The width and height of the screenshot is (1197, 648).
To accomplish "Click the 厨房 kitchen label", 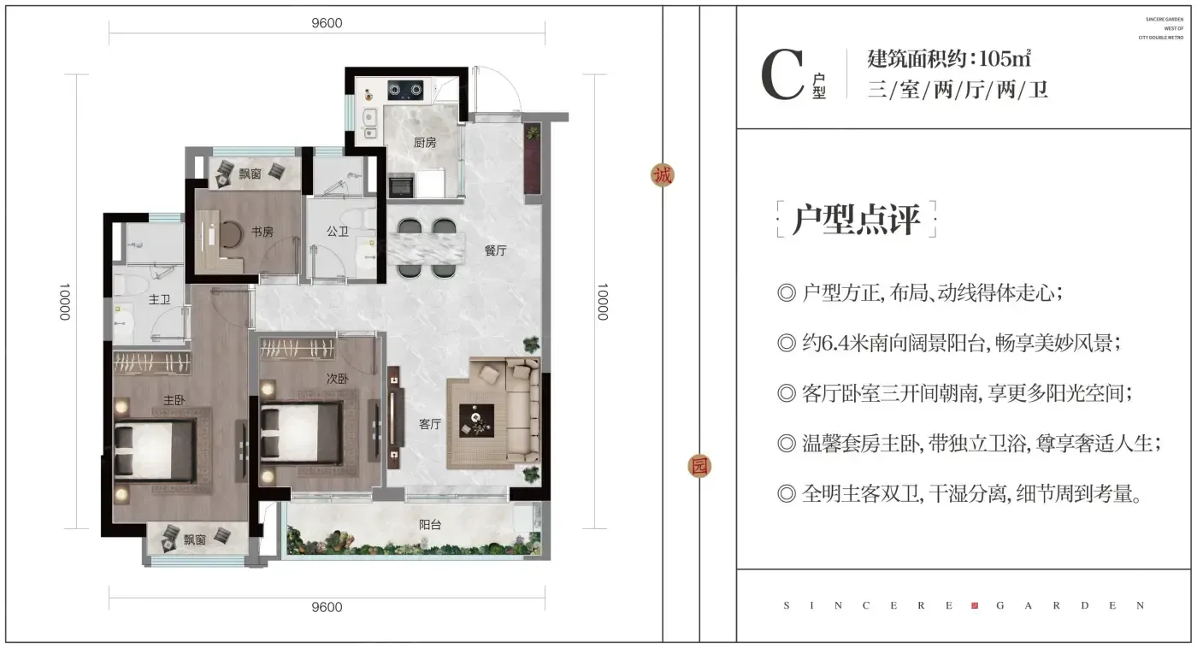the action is (x=425, y=143).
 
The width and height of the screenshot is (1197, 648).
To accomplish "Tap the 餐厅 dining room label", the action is (x=495, y=250).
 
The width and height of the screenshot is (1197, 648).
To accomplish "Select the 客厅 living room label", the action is (x=429, y=424).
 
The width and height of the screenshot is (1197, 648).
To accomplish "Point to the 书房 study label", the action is (x=262, y=232).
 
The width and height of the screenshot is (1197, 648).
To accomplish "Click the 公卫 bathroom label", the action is (x=338, y=232).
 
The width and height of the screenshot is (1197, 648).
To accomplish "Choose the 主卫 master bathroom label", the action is (x=159, y=300).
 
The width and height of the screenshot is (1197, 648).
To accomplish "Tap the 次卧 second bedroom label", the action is (x=337, y=379).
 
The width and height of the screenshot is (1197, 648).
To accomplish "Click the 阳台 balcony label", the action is (x=429, y=525).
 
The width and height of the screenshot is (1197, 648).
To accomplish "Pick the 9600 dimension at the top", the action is (x=327, y=23).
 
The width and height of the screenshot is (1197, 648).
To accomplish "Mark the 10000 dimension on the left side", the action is (x=65, y=302).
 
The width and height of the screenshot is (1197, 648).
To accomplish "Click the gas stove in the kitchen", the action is (x=405, y=91).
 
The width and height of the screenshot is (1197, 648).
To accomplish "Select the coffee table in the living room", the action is (x=477, y=421).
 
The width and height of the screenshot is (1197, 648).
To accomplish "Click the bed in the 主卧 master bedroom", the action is (x=154, y=451).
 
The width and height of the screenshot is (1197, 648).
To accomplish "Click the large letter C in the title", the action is (x=782, y=74).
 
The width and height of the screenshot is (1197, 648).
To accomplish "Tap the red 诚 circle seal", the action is (x=663, y=175).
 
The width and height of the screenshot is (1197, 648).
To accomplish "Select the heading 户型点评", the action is (x=856, y=219).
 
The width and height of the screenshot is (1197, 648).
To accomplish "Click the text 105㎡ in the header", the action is (x=1005, y=57).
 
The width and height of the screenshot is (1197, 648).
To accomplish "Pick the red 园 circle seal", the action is (x=699, y=467).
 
